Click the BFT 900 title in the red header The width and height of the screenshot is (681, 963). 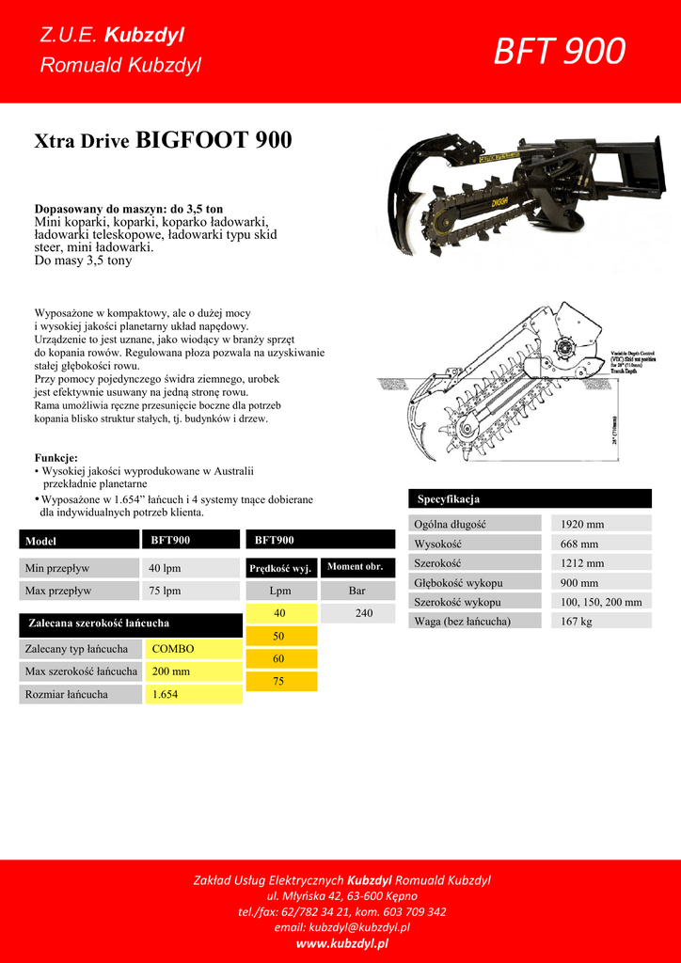pos(559,52)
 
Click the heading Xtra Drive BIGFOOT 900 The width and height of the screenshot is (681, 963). pos(163,141)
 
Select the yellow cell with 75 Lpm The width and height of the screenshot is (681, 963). pos(278,681)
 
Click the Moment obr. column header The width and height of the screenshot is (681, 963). pos(355,567)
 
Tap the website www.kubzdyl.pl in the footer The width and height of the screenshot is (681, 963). pos(341,943)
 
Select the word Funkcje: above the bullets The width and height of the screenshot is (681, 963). pos(56,457)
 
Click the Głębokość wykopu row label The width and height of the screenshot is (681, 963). pos(458,582)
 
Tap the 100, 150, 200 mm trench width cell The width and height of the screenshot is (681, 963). pos(601,602)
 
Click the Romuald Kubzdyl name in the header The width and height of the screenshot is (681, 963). pos(120,65)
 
